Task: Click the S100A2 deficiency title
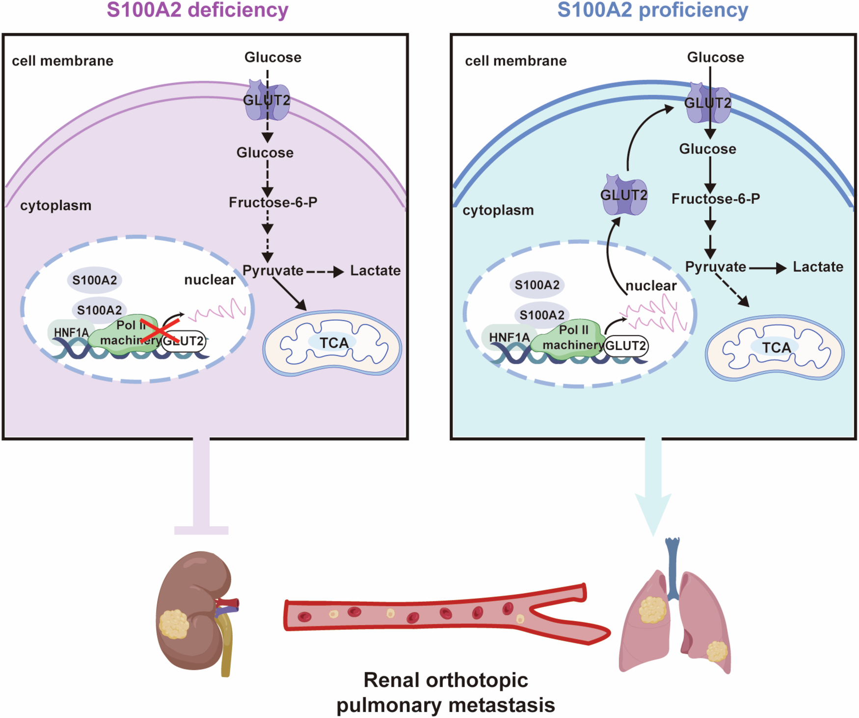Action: (197, 10)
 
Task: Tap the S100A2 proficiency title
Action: (652, 10)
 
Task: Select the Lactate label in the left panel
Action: (375, 271)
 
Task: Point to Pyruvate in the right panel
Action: (715, 267)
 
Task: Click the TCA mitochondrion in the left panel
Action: (333, 343)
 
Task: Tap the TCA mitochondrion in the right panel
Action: (775, 348)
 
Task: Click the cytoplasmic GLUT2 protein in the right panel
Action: (624, 195)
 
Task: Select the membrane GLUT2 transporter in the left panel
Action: (267, 101)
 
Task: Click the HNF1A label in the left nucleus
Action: (71, 332)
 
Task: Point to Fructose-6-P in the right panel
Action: (715, 199)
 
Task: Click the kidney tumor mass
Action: (174, 624)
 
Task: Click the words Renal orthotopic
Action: (445, 680)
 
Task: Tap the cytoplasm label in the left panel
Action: (55, 205)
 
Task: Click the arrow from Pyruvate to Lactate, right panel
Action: (767, 268)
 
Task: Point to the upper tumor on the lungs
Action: (652, 609)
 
